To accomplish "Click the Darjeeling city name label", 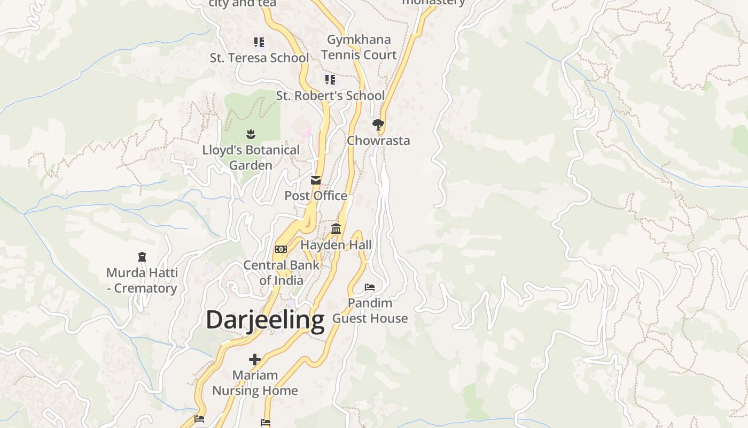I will tap(265, 320).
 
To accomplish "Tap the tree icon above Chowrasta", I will tap(378, 125).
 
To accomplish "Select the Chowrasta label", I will tap(378, 141).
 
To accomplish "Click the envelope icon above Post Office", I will tap(316, 180).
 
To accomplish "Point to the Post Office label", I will tap(316, 196).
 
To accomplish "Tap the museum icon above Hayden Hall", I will tap(336, 229).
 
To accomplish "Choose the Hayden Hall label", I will tap(336, 245).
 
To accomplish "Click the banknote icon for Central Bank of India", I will tap(281, 249).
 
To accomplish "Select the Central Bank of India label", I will tap(281, 272).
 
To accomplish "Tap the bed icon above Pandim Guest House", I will tap(370, 287).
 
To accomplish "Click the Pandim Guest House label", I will tap(370, 311).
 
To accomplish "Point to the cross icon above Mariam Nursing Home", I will tap(255, 360).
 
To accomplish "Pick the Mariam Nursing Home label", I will tap(255, 383).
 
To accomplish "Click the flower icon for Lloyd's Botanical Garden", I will tap(251, 134).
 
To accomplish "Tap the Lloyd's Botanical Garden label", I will tap(251, 158).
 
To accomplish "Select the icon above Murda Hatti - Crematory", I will tap(142, 257).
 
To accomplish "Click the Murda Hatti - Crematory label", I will tap(142, 280).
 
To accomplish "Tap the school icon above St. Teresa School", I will tap(259, 42).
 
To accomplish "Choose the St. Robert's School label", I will tap(330, 96).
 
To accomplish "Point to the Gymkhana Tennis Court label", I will tap(359, 47).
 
